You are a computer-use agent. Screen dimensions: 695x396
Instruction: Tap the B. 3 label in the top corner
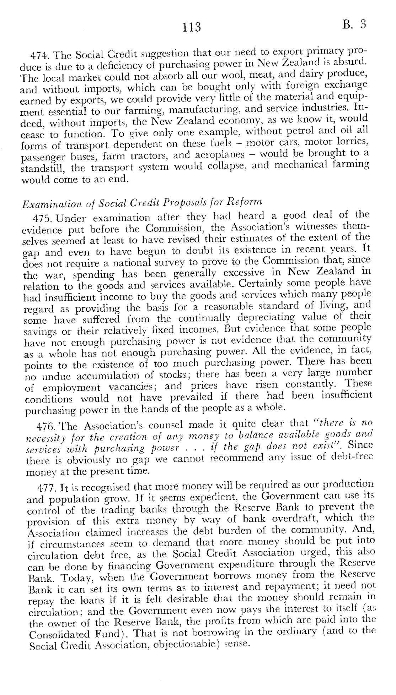[x=354, y=24]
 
